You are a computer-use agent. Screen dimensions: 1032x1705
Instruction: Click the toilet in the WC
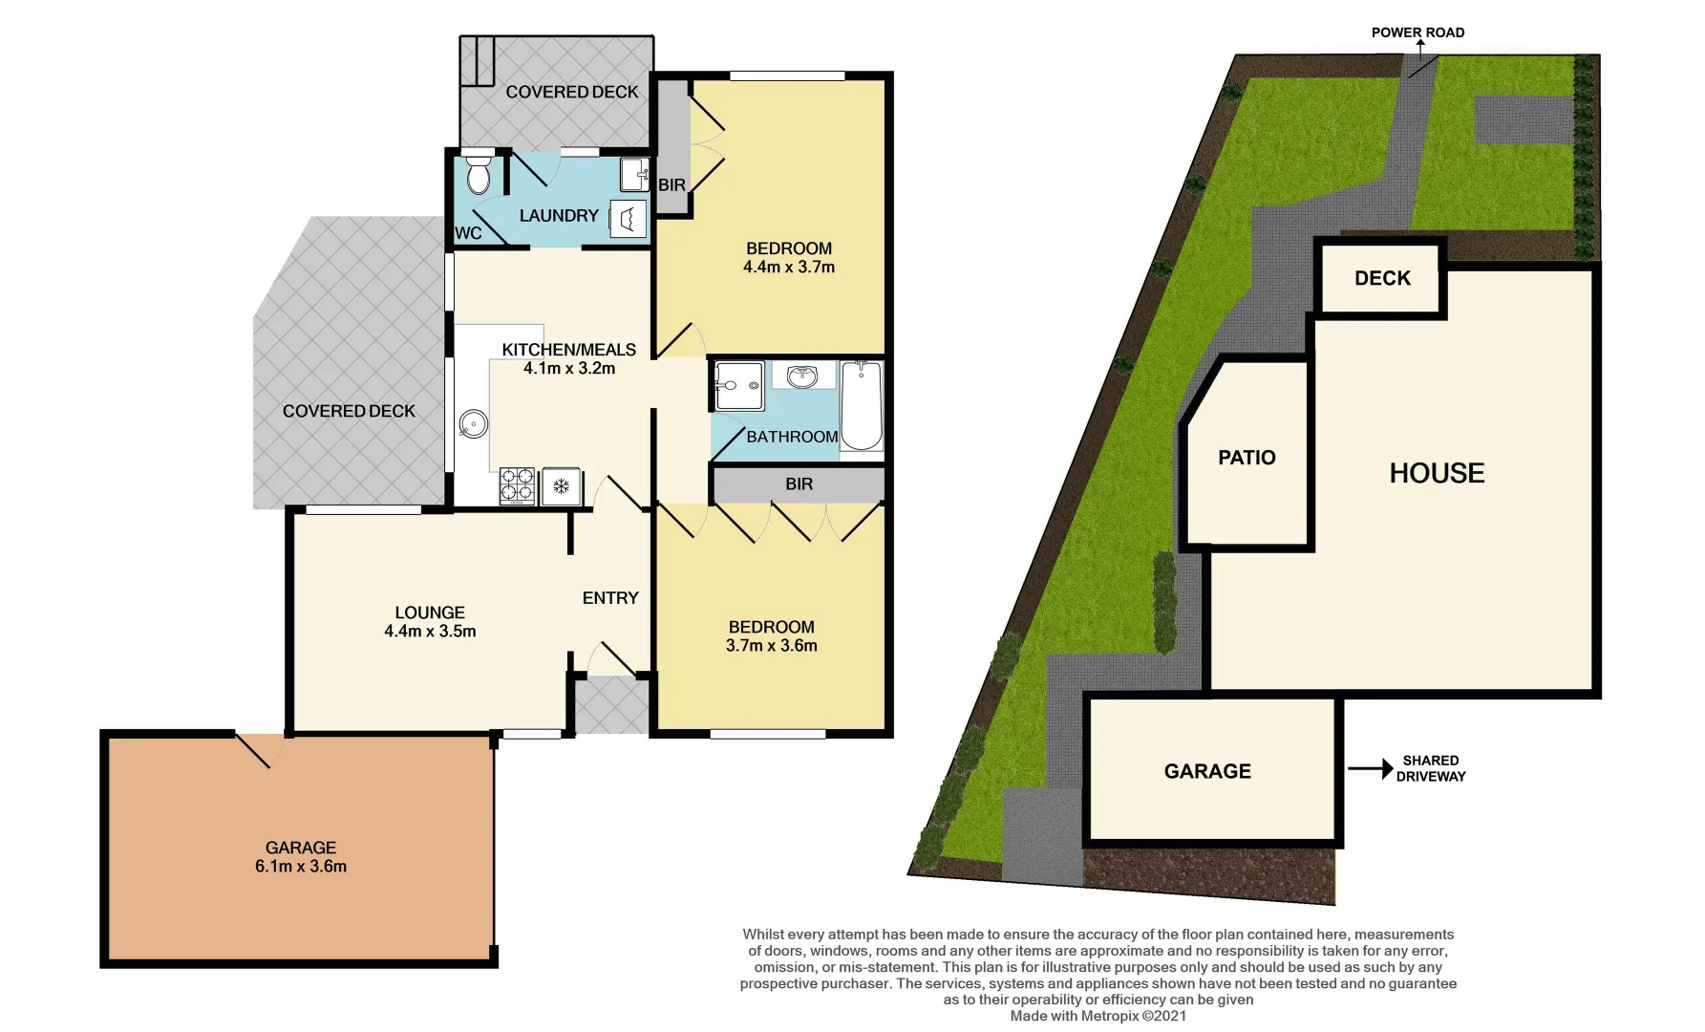tap(479, 175)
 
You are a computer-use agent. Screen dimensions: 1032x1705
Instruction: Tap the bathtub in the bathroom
tap(862, 405)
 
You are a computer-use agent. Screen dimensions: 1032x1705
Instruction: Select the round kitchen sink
tap(473, 423)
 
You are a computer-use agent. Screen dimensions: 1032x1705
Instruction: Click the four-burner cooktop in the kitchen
tap(517, 485)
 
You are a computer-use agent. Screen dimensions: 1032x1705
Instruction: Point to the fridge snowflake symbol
tap(562, 486)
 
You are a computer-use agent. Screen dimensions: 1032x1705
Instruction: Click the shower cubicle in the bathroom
tap(739, 386)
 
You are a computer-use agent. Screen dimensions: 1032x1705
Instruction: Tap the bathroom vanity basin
tap(802, 376)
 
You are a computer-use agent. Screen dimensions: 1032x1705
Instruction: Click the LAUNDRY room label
tap(559, 216)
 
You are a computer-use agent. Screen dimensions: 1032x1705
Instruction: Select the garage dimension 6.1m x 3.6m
tap(301, 867)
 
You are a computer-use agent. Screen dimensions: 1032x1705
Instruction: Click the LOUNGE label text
tap(430, 613)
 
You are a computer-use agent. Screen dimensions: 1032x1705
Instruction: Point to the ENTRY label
tap(610, 598)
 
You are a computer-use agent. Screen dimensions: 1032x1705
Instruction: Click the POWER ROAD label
tap(1417, 32)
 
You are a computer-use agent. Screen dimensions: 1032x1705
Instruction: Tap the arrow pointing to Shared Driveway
tap(1370, 768)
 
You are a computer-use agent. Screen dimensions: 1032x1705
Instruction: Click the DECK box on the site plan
tap(1381, 278)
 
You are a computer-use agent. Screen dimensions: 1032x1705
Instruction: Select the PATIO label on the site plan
tap(1247, 458)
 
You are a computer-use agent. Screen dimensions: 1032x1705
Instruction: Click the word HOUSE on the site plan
tap(1437, 473)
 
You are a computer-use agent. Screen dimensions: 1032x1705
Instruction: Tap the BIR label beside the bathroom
tap(799, 484)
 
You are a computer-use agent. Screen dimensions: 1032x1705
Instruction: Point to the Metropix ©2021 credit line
tap(1098, 1016)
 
